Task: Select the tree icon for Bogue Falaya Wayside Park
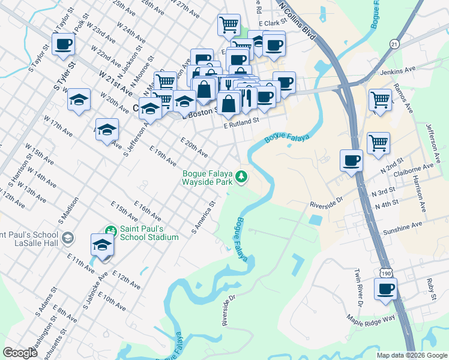click(241, 176)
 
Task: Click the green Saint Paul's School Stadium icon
click(110, 230)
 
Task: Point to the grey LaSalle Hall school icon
click(68, 238)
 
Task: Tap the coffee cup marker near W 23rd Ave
click(63, 44)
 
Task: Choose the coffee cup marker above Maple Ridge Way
click(385, 289)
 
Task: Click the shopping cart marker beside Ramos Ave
click(379, 100)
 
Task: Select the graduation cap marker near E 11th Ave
click(102, 245)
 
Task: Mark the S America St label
click(203, 217)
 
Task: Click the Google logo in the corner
click(20, 353)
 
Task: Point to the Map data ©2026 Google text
click(411, 355)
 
